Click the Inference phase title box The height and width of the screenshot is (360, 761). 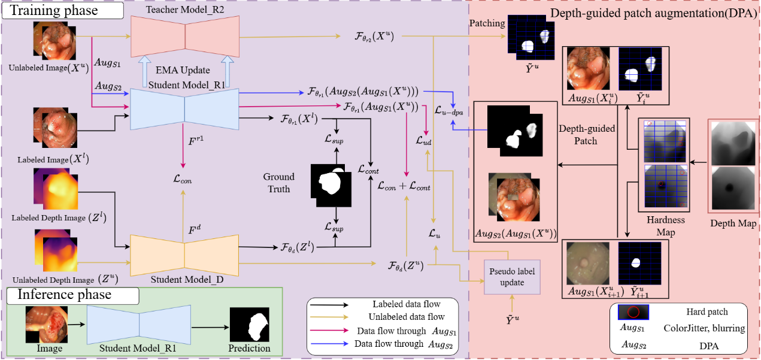(x=72, y=295)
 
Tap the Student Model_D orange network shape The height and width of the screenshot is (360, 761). (x=184, y=252)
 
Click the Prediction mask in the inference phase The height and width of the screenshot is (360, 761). (x=250, y=325)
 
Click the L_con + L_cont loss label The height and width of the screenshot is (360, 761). (x=404, y=186)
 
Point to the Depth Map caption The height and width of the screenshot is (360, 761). (x=733, y=223)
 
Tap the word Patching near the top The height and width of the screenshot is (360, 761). (x=487, y=23)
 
